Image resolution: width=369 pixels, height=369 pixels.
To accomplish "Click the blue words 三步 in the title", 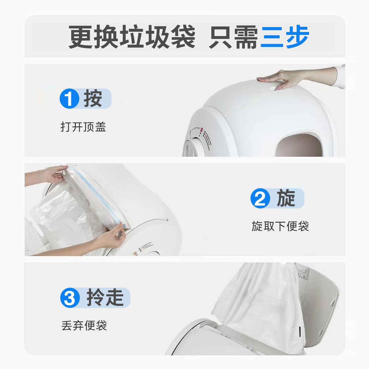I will pyautogui.click(x=285, y=37).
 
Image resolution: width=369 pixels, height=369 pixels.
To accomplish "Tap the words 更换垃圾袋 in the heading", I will pyautogui.click(x=132, y=37).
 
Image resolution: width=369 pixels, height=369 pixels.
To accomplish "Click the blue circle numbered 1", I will pyautogui.click(x=69, y=99).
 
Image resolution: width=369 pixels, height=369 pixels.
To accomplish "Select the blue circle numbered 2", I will pyautogui.click(x=260, y=198).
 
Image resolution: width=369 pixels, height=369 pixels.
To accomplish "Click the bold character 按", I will pyautogui.click(x=93, y=99).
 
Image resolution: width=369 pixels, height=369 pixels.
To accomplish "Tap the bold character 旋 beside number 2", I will pyautogui.click(x=286, y=198).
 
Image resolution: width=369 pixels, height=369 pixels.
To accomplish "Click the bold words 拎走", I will pyautogui.click(x=105, y=298).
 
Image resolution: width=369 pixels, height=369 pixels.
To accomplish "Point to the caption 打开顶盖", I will pyautogui.click(x=83, y=127).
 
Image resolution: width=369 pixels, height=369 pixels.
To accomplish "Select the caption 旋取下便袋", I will pyautogui.click(x=280, y=226).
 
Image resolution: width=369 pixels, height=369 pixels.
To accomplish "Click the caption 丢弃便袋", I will pyautogui.click(x=84, y=326).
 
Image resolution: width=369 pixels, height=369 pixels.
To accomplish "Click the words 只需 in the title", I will pyautogui.click(x=234, y=37).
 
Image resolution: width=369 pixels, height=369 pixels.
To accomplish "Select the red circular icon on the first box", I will pyautogui.click(x=202, y=130).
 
